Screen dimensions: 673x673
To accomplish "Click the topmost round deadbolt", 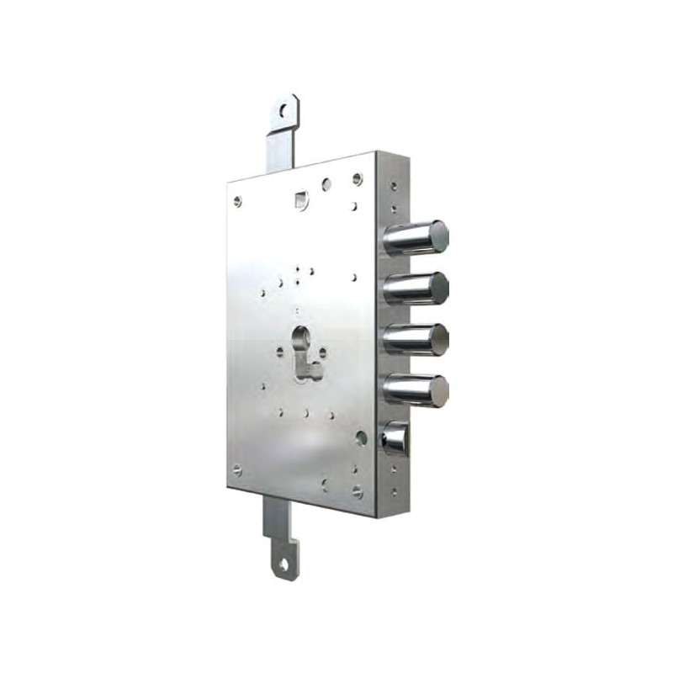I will tap(416, 238).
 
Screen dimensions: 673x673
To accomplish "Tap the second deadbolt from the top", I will tap(416, 288).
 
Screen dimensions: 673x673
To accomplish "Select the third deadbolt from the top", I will tap(416, 338).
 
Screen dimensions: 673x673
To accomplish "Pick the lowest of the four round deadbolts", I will tap(416, 389).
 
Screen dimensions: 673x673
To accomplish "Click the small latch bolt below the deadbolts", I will tap(395, 439).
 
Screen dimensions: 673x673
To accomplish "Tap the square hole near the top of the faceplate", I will tap(301, 199).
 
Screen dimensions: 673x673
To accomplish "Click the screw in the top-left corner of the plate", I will tap(237, 200).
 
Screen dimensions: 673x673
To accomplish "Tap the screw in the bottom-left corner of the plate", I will tap(238, 470).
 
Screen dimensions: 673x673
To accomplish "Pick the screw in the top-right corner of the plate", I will tap(358, 178).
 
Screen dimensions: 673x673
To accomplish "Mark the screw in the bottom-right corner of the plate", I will tap(358, 491).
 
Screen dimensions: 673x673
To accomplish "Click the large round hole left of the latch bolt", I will tap(361, 437).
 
